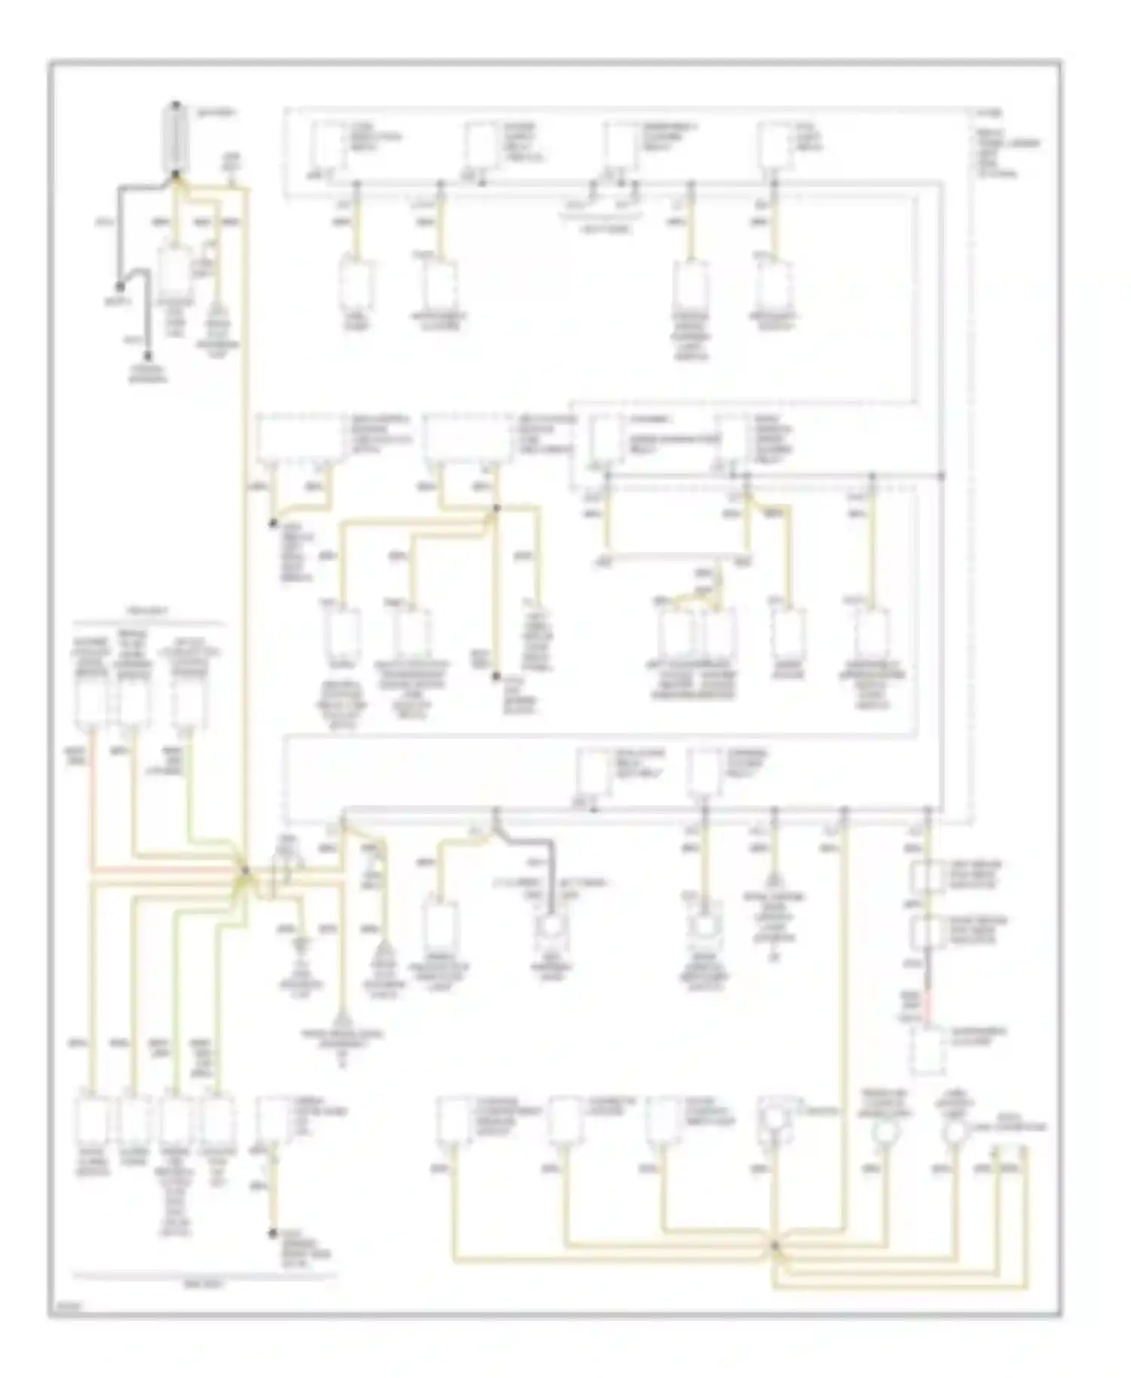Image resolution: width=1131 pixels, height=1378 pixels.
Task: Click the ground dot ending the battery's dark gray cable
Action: pyautogui.click(x=119, y=286)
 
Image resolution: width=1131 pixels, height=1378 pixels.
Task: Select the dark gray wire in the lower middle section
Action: pyautogui.click(x=552, y=874)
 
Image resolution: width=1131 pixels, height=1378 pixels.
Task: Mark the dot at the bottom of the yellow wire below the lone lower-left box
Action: pyautogui.click(x=272, y=1233)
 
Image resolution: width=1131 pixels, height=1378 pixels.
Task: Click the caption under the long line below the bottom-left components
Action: pyautogui.click(x=204, y=1282)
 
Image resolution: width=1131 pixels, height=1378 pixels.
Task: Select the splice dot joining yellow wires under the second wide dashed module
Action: pyautogui.click(x=495, y=510)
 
